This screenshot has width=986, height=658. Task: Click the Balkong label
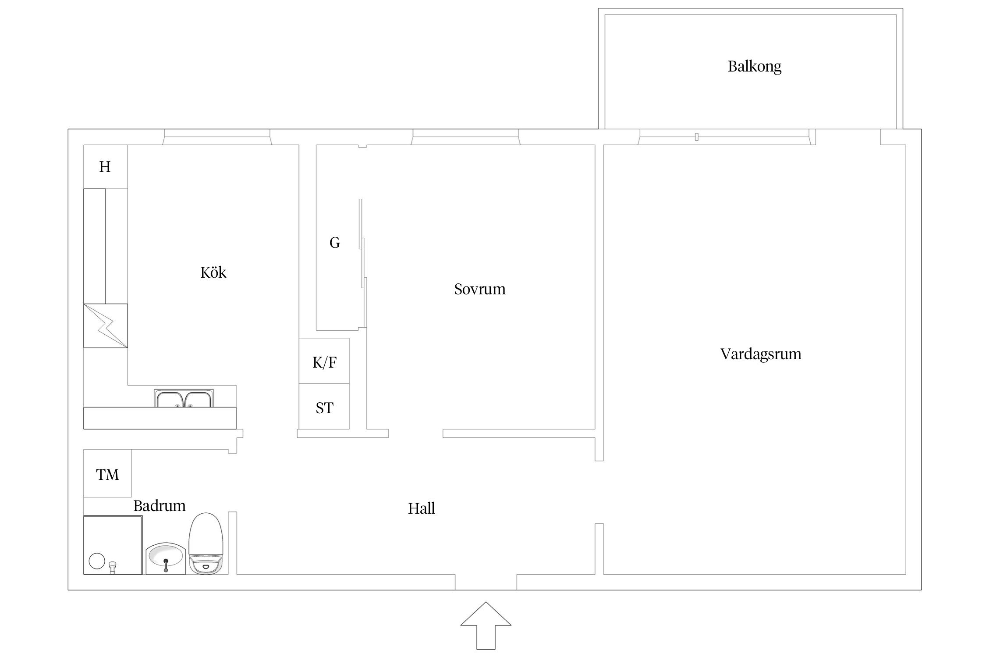pyautogui.click(x=754, y=67)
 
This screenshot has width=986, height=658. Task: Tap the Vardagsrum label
pyautogui.click(x=761, y=354)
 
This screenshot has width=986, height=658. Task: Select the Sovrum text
pyautogui.click(x=479, y=289)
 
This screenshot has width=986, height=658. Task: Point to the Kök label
pyautogui.click(x=213, y=272)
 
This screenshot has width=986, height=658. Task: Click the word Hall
pyautogui.click(x=421, y=508)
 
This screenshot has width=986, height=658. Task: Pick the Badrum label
pyautogui.click(x=159, y=506)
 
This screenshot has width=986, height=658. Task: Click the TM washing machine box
pyautogui.click(x=107, y=473)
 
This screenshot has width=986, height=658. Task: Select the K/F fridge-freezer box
pyautogui.click(x=324, y=361)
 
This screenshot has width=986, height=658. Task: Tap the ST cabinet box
pyautogui.click(x=324, y=407)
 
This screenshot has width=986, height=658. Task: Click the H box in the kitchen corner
pyautogui.click(x=105, y=167)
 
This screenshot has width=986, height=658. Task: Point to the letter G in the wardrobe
pyautogui.click(x=334, y=243)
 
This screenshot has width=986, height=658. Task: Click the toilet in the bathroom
pyautogui.click(x=206, y=543)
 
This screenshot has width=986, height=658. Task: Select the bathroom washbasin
pyautogui.click(x=166, y=558)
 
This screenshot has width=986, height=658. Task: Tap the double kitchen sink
pyautogui.click(x=184, y=398)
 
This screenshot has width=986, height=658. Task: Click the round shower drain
pyautogui.click(x=97, y=561)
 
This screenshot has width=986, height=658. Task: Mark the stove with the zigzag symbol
pyautogui.click(x=106, y=326)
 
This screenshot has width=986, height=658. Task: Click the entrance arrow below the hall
pyautogui.click(x=486, y=626)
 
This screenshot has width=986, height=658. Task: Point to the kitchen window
pyautogui.click(x=217, y=137)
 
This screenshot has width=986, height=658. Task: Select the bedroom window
pyautogui.click(x=465, y=137)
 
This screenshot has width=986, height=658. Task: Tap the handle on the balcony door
pyautogui.click(x=697, y=137)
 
